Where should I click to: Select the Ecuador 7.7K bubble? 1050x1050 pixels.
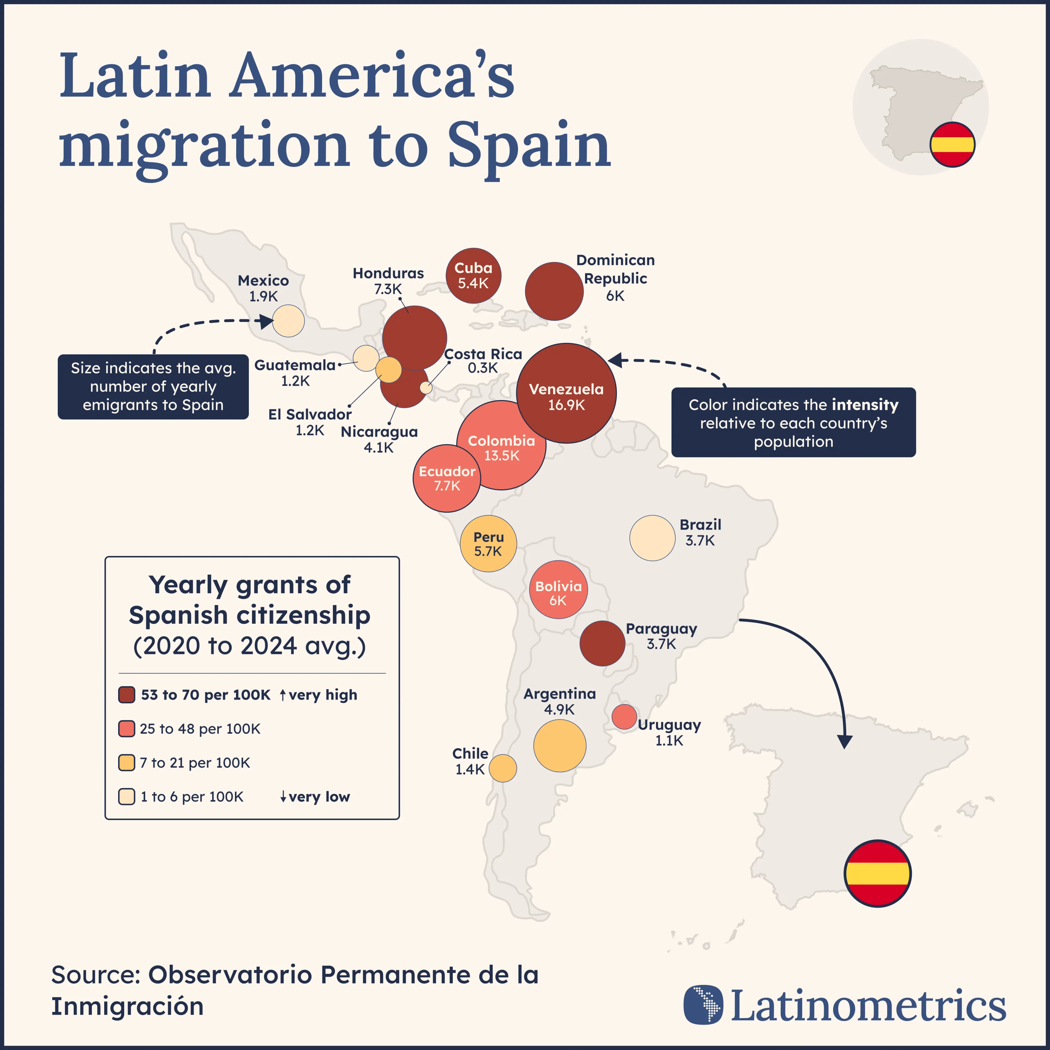coord(447,478)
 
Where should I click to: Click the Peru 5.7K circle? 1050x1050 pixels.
coord(488,544)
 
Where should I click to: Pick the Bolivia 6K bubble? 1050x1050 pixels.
coord(558,590)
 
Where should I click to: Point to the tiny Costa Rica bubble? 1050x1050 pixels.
coord(426,387)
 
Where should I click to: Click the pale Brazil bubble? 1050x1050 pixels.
coord(652,538)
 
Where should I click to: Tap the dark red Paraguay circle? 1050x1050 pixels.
coord(602,643)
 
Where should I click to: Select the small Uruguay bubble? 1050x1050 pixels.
coord(624,716)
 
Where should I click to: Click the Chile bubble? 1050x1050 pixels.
coord(503,768)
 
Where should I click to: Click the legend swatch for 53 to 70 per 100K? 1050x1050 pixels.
coord(127,695)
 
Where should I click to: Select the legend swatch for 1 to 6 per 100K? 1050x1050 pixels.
coord(127,797)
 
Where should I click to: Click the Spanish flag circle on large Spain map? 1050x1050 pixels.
coord(877,873)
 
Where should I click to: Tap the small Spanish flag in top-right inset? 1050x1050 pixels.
coord(952,144)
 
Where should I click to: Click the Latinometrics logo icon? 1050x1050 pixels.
coord(703,1004)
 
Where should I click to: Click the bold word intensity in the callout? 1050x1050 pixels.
coord(865,405)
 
